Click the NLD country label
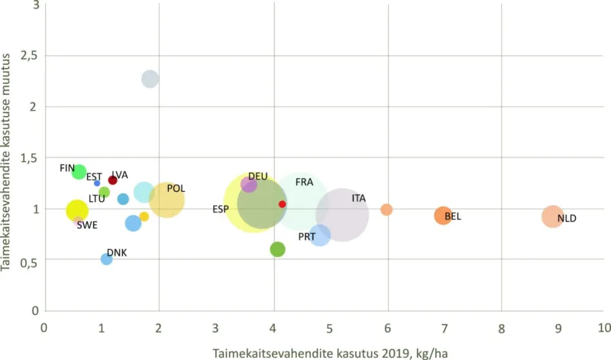567,219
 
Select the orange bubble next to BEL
443,216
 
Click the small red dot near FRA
282,204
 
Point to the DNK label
117,252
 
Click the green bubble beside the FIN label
79,172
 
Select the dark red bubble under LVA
112,180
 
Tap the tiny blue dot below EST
97,183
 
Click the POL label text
176,188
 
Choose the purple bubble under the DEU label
248,184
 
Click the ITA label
358,198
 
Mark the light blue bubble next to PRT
320,235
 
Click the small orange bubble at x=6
386,209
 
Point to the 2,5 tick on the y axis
29,56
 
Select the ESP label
220,209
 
